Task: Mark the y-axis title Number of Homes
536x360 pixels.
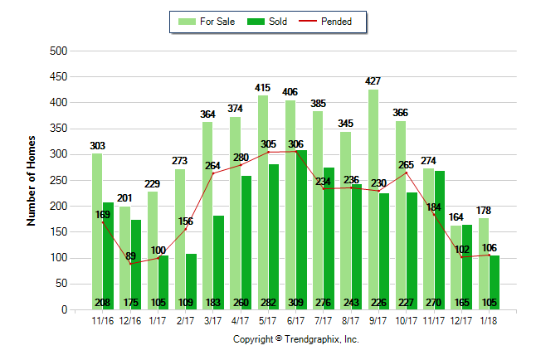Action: pyautogui.click(x=32, y=181)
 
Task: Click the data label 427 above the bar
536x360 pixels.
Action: pyautogui.click(x=373, y=81)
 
